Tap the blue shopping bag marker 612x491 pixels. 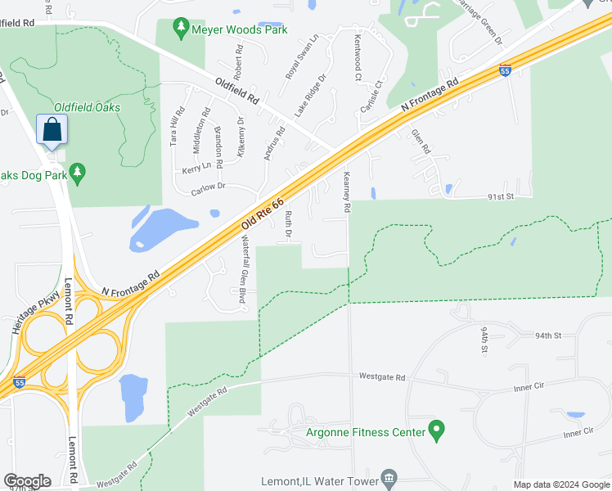point(52,131)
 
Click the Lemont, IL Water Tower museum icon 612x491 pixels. point(389,478)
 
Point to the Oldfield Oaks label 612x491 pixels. point(87,107)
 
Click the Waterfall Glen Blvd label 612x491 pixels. point(243,269)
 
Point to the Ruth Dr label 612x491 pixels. point(288,225)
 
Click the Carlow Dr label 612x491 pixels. point(213,187)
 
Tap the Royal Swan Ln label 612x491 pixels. point(301,56)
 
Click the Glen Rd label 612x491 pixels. point(421,142)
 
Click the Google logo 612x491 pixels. point(27,481)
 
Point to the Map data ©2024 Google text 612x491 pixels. point(561,484)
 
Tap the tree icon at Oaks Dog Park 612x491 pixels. point(78,173)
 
